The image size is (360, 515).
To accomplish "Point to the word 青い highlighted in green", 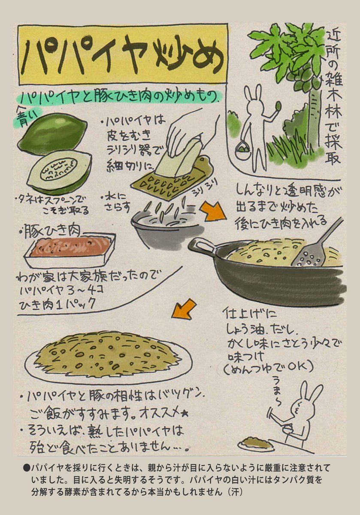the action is (x=27, y=116).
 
